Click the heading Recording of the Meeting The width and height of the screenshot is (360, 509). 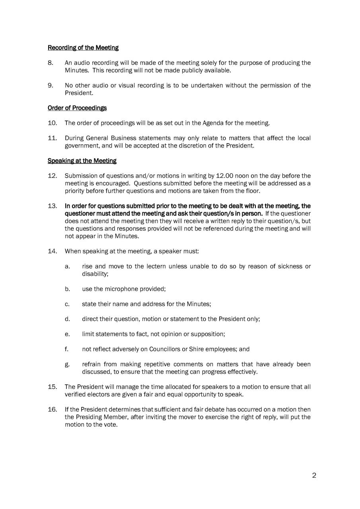point(83,48)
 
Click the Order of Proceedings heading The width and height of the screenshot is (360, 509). point(77,108)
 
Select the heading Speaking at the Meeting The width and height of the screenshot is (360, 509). point(82,161)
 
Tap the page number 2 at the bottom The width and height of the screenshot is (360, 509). point(314,475)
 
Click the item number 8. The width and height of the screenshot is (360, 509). point(51,63)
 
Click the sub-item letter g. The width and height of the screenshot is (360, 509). point(67,364)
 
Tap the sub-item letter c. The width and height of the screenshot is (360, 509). point(67,304)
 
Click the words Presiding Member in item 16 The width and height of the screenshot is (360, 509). point(89,417)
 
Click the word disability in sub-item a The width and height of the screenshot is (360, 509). point(95,274)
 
